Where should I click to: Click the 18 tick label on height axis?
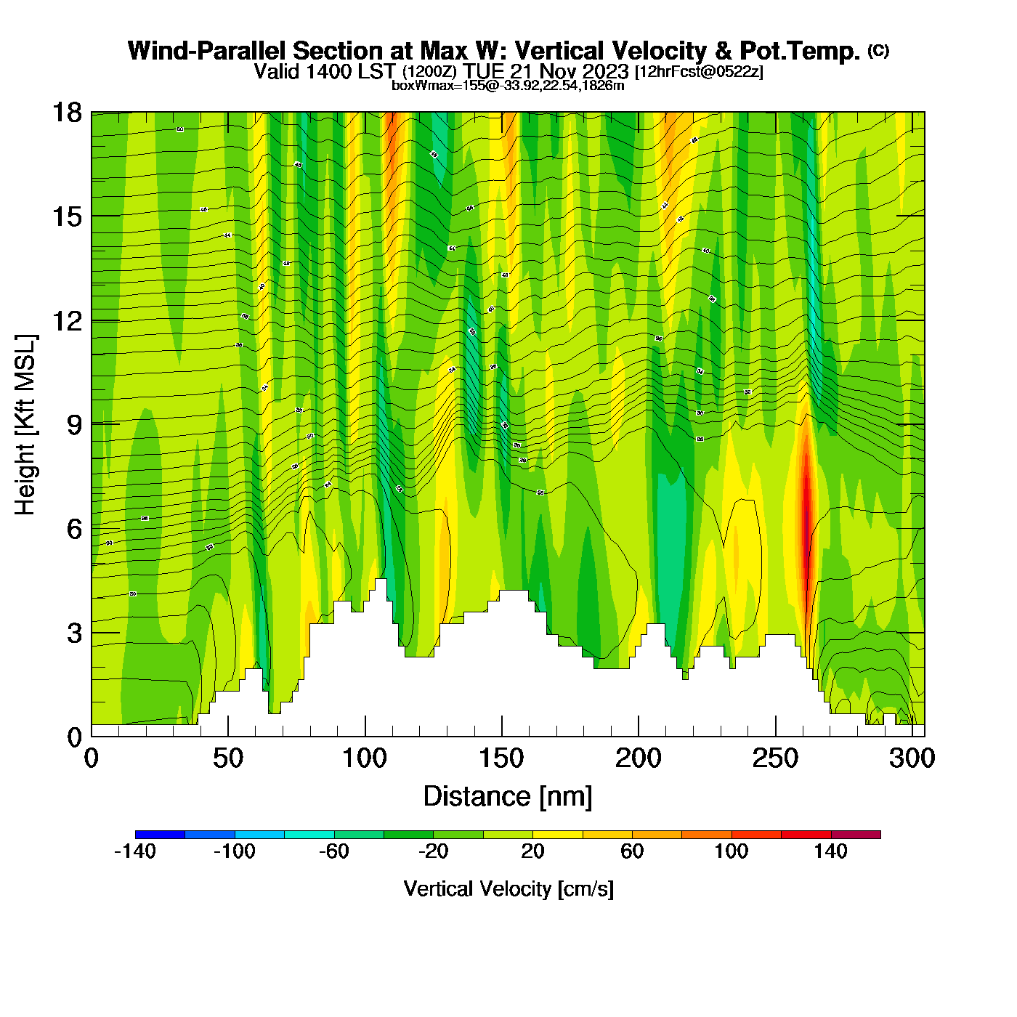coord(66,113)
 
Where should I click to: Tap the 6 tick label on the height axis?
coord(74,529)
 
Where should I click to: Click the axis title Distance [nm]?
coord(508,797)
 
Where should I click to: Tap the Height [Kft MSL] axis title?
coord(25,425)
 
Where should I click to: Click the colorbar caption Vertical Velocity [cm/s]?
coord(508,888)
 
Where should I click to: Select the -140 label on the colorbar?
coord(135,851)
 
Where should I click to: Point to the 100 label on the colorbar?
coord(732,851)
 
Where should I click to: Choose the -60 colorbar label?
coord(334,851)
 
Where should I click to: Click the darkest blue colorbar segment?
coord(160,835)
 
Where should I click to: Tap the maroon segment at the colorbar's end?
coord(856,835)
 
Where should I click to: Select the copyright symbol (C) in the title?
coord(878,50)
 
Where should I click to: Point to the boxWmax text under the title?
coord(507,86)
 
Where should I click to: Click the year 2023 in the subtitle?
coord(604,72)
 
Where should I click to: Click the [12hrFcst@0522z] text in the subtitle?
coord(699,72)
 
